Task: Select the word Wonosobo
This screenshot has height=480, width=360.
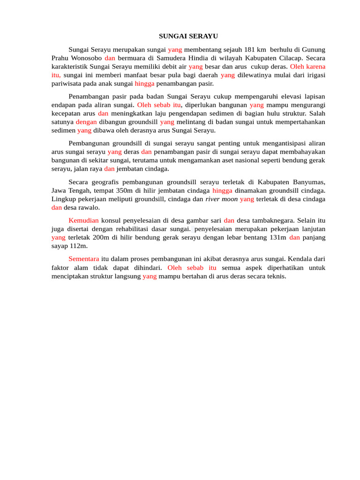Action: tap(85, 58)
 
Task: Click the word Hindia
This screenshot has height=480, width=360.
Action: tap(193, 58)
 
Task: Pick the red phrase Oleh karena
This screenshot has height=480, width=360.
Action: tap(307, 67)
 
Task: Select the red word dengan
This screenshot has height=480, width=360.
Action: tap(86, 122)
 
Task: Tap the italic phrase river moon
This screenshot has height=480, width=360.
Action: tap(221, 199)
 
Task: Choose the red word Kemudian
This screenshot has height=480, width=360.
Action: tap(83, 220)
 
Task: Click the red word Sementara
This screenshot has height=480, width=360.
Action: tap(83, 259)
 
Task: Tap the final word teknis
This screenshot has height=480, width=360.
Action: tap(276, 276)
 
